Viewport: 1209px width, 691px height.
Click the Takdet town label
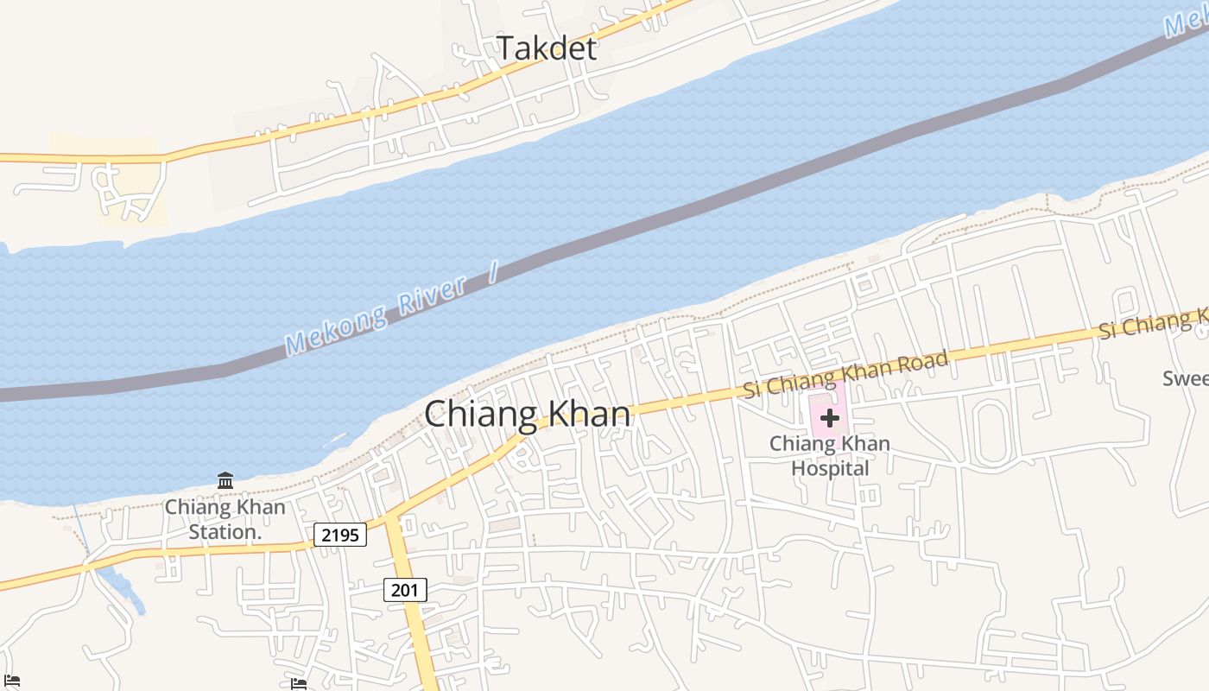pos(546,48)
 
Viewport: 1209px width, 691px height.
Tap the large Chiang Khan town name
pos(527,415)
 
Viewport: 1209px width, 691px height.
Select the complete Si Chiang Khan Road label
pos(846,373)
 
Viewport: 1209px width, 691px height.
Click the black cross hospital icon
pos(829,419)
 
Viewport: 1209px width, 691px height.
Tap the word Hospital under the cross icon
pos(830,469)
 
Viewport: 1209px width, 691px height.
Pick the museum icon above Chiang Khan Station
pos(225,480)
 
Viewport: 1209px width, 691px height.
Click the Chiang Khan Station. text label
pos(225,519)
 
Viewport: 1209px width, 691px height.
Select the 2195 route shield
pos(340,535)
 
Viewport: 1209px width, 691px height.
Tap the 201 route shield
pos(404,590)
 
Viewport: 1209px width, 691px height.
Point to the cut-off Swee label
pos(1185,378)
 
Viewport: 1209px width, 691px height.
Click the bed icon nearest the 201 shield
pos(299,683)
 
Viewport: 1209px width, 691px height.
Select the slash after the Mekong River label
pos(493,275)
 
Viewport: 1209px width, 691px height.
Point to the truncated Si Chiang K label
pos(1153,326)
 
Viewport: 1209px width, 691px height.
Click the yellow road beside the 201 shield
pos(414,622)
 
